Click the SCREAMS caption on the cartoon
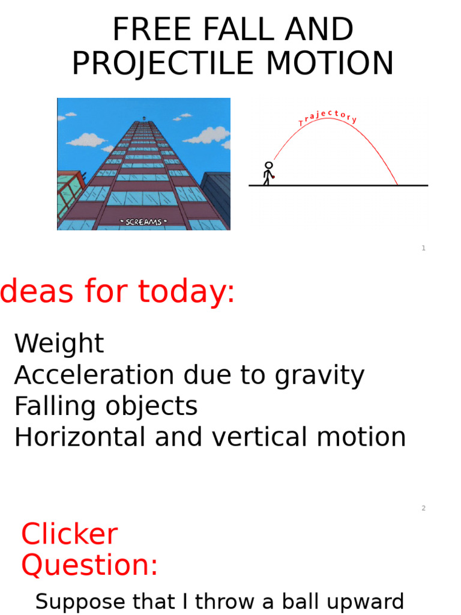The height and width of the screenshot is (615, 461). [x=143, y=222]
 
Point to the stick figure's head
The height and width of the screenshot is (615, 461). [x=269, y=165]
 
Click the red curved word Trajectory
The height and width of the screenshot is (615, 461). [x=328, y=116]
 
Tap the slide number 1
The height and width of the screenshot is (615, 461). [x=423, y=248]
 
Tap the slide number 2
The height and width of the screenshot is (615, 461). [x=423, y=508]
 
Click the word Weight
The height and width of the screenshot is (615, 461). [x=59, y=344]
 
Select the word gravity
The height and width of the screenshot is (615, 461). [x=319, y=375]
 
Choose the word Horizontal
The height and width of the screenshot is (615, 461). [x=80, y=437]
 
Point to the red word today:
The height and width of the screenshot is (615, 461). [x=186, y=292]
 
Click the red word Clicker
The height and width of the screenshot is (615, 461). [x=69, y=535]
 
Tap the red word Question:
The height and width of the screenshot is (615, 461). [x=89, y=565]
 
